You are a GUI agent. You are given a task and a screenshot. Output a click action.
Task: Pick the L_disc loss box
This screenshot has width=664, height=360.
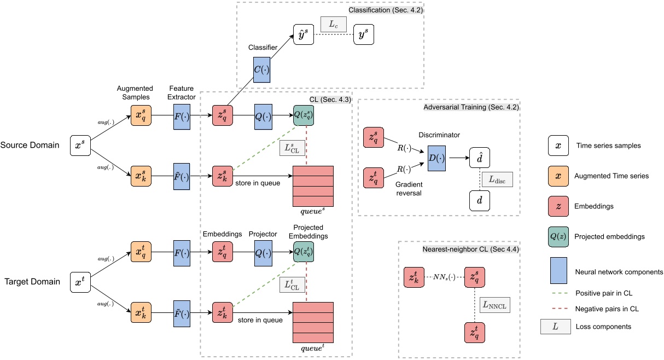coord(497,179)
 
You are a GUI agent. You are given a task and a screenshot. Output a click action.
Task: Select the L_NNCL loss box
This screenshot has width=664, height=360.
coord(494,305)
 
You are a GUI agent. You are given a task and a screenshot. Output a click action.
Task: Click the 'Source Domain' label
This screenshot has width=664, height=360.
coord(30,146)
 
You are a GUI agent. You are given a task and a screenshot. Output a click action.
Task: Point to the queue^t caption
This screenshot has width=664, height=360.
coord(313,348)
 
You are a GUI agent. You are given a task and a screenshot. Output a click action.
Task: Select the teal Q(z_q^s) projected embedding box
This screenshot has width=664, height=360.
coord(304,115)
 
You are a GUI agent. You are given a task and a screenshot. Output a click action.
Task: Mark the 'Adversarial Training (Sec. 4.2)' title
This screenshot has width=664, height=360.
coord(471,107)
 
